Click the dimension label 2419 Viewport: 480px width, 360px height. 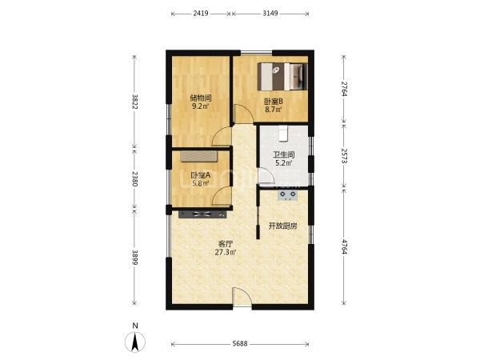click(201, 13)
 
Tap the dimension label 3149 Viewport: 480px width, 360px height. click(270, 13)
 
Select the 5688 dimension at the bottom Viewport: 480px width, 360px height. click(240, 343)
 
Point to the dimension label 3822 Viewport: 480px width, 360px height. click(134, 102)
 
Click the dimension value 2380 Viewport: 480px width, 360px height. click(134, 178)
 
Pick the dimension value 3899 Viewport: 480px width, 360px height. click(134, 258)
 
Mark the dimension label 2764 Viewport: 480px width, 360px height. click(344, 89)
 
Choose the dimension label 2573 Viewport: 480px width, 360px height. click(344, 156)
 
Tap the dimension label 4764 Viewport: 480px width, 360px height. click(344, 246)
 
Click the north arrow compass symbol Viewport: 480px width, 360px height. click(135, 342)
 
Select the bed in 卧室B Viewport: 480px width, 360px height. click(282, 77)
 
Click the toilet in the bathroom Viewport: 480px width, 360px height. click(283, 134)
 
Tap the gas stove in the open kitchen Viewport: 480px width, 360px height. click(287, 195)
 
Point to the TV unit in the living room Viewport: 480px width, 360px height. click(202, 214)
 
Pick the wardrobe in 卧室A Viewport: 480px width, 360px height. click(198, 156)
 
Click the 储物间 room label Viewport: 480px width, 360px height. click(201, 98)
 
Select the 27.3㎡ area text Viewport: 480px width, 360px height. click(226, 252)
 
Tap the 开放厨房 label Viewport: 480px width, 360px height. click(282, 226)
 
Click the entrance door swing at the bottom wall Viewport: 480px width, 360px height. click(242, 296)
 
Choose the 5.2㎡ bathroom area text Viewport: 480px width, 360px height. click(284, 163)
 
